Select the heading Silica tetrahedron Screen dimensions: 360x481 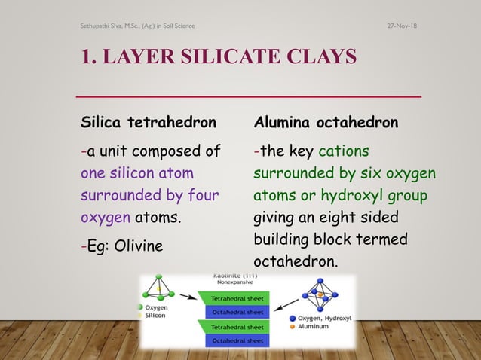tap(149, 122)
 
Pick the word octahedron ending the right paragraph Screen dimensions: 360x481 tap(296, 263)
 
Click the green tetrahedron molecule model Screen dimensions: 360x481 tap(159, 287)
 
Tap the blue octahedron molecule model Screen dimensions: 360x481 tap(320, 295)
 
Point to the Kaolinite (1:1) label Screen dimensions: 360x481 tap(235, 278)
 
